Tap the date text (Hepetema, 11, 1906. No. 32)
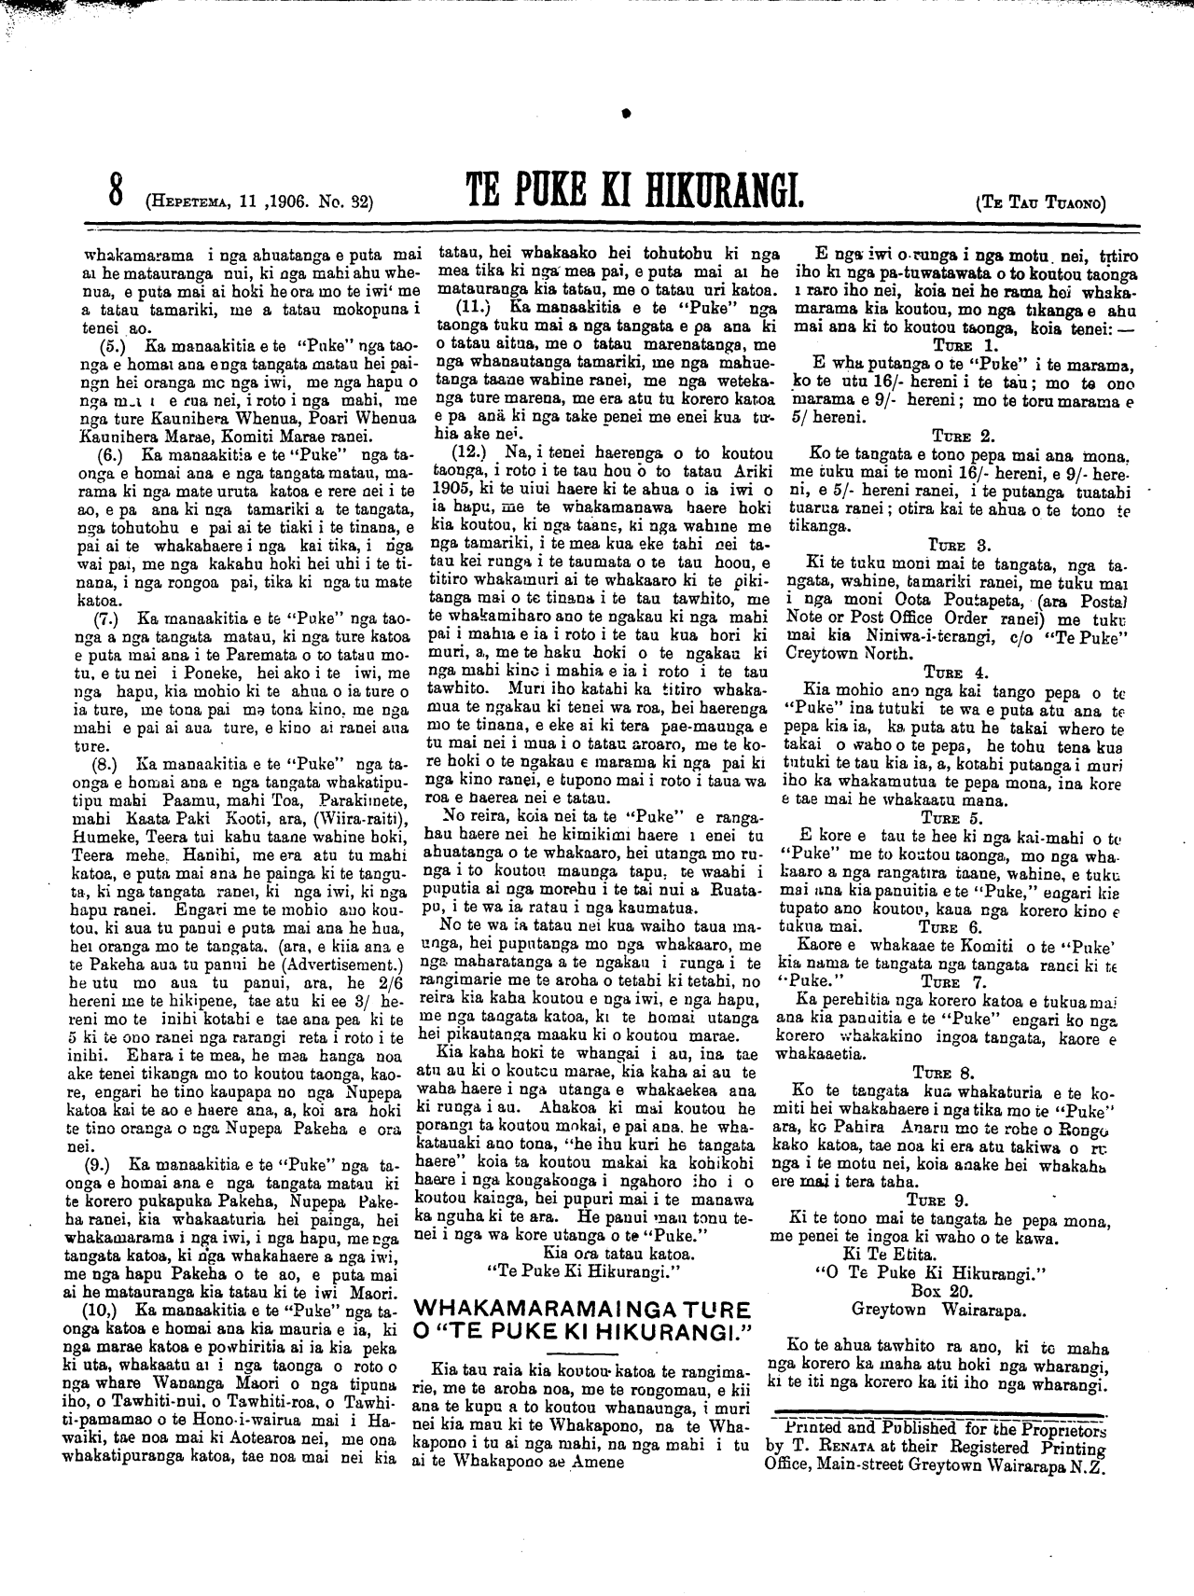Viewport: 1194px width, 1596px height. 260,200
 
